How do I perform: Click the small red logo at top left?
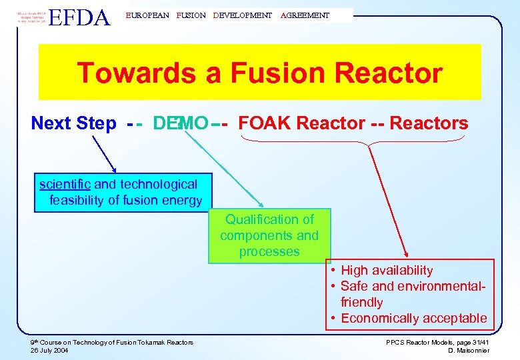click(30, 16)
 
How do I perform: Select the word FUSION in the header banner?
click(191, 15)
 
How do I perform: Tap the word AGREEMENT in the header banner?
click(305, 15)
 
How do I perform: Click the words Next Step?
click(73, 123)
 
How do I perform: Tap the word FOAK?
click(265, 123)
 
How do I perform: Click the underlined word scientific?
click(65, 184)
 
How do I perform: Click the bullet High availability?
click(387, 270)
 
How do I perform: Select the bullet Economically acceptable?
click(413, 318)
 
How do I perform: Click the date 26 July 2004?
click(51, 350)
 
